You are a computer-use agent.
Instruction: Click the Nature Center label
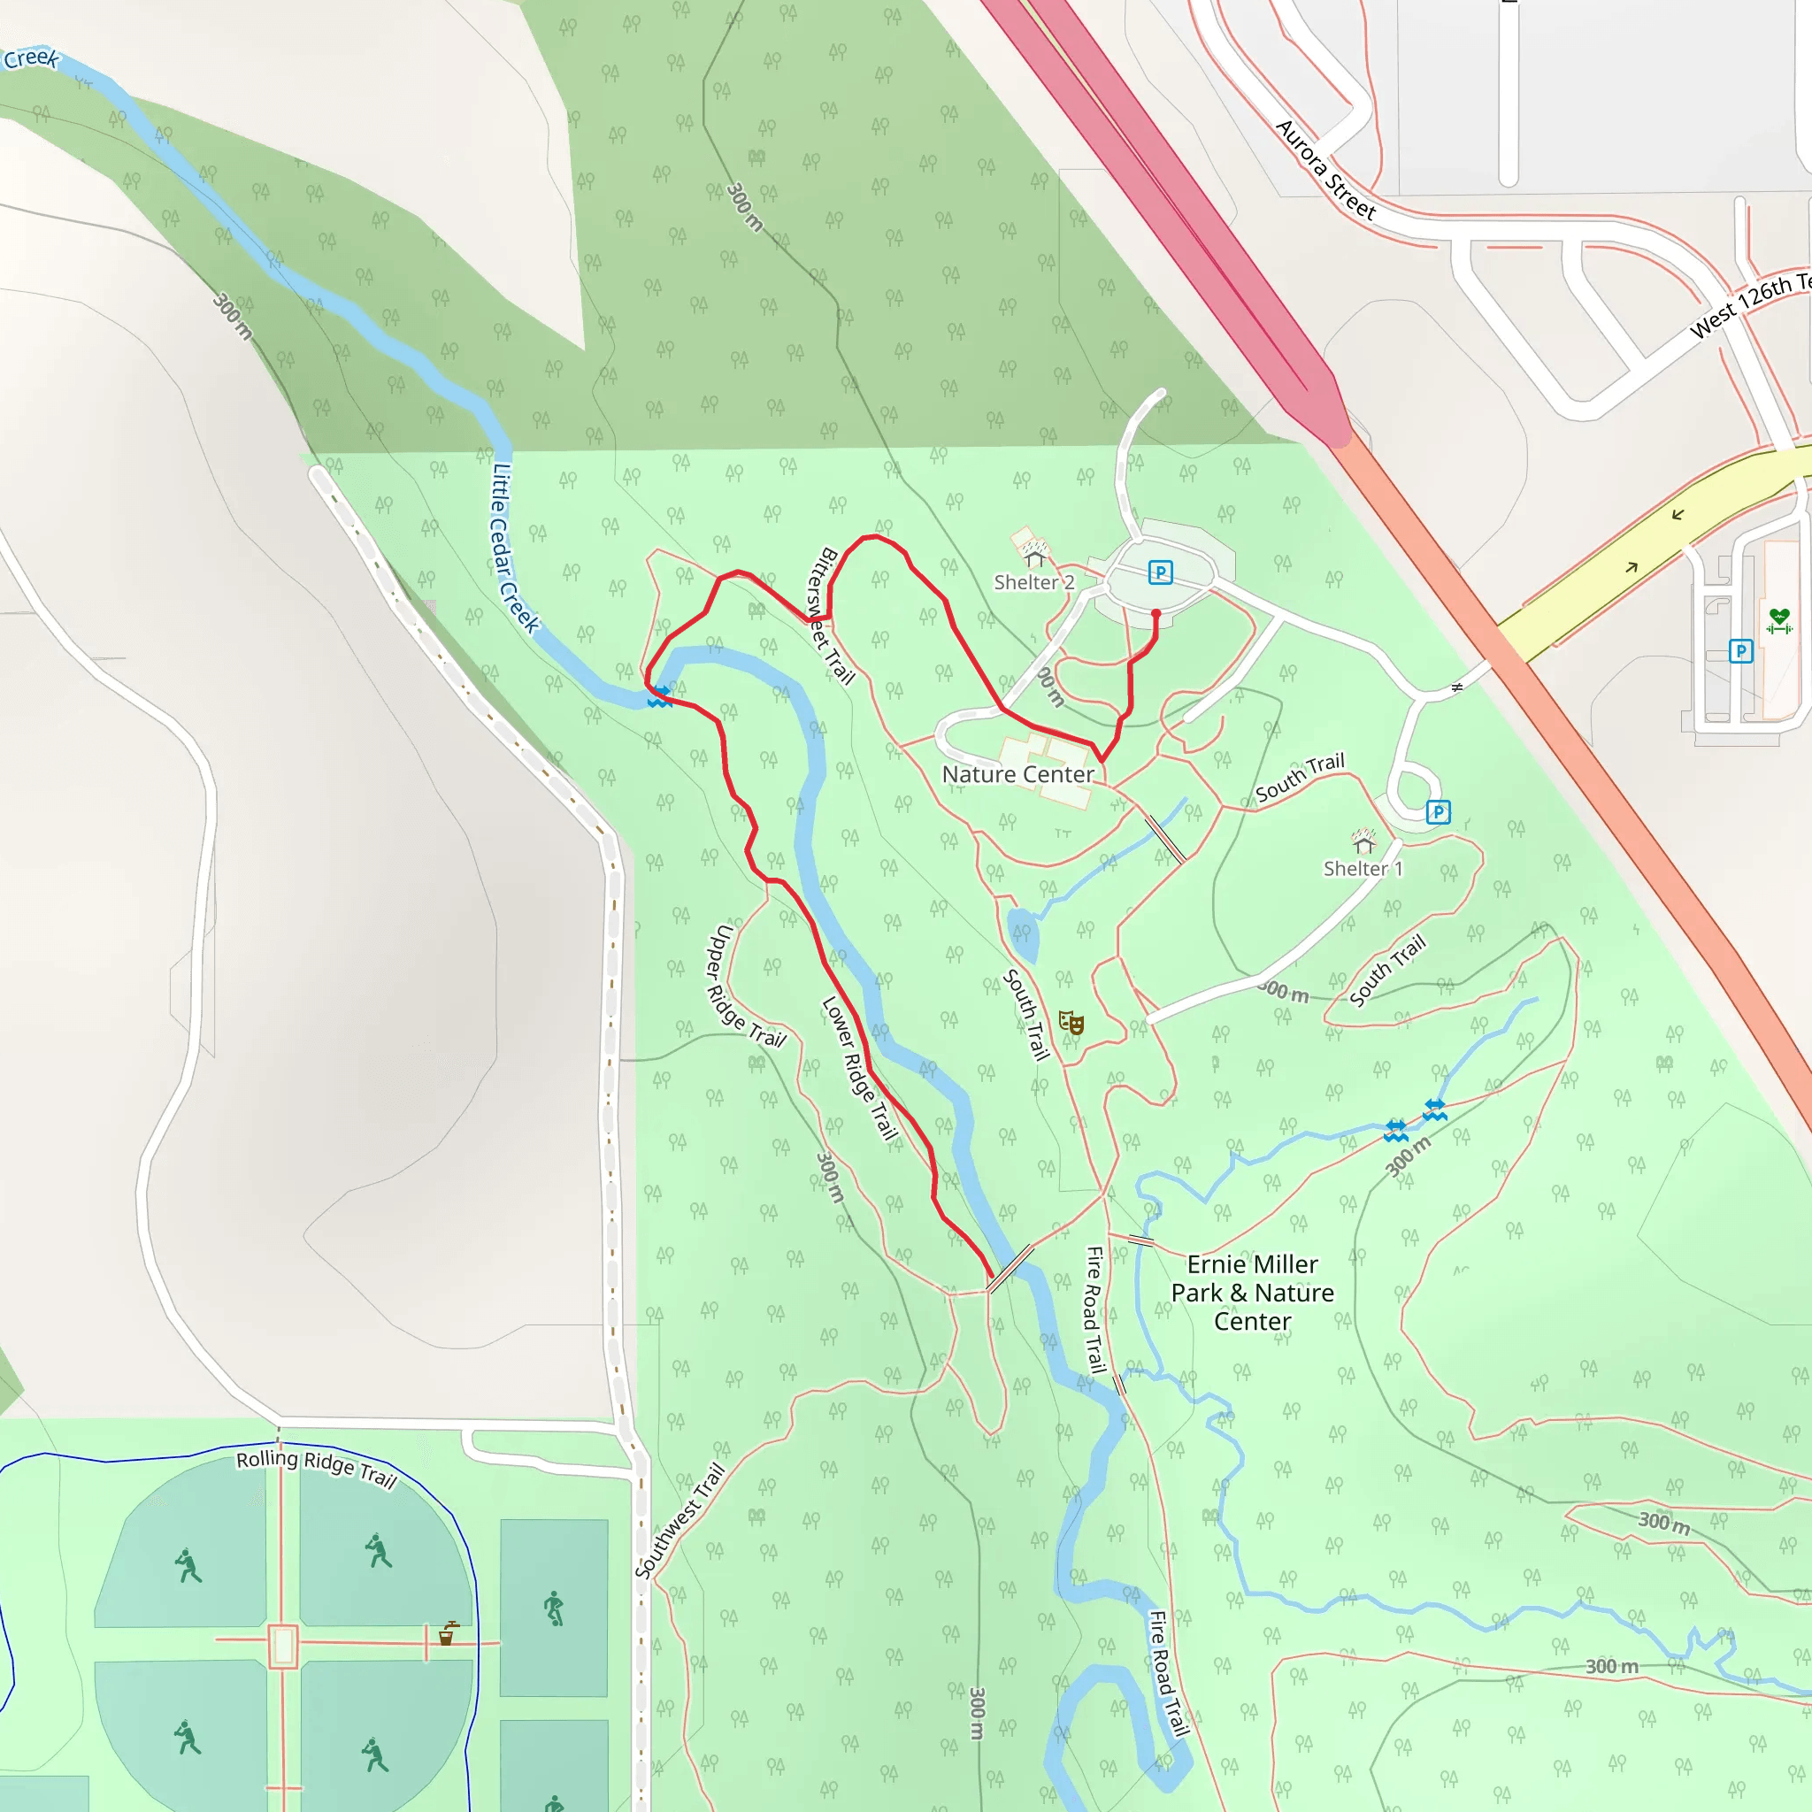pyautogui.click(x=1017, y=775)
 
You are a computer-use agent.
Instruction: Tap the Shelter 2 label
pyautogui.click(x=1033, y=582)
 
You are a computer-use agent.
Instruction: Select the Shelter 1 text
pyautogui.click(x=1363, y=869)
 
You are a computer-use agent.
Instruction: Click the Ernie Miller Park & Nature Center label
pyautogui.click(x=1252, y=1293)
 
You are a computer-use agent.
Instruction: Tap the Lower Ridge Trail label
pyautogui.click(x=859, y=1067)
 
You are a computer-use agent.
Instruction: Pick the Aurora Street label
pyautogui.click(x=1325, y=171)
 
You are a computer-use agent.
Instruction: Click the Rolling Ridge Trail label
pyautogui.click(x=316, y=1469)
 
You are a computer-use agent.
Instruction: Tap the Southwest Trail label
pyautogui.click(x=680, y=1520)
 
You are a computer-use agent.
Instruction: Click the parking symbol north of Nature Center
pyautogui.click(x=1160, y=572)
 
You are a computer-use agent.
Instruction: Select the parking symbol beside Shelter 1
pyautogui.click(x=1438, y=812)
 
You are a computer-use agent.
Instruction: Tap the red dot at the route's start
pyautogui.click(x=1156, y=614)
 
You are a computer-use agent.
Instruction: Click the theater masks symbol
pyautogui.click(x=1071, y=1022)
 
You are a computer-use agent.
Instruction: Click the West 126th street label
pyautogui.click(x=1749, y=305)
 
